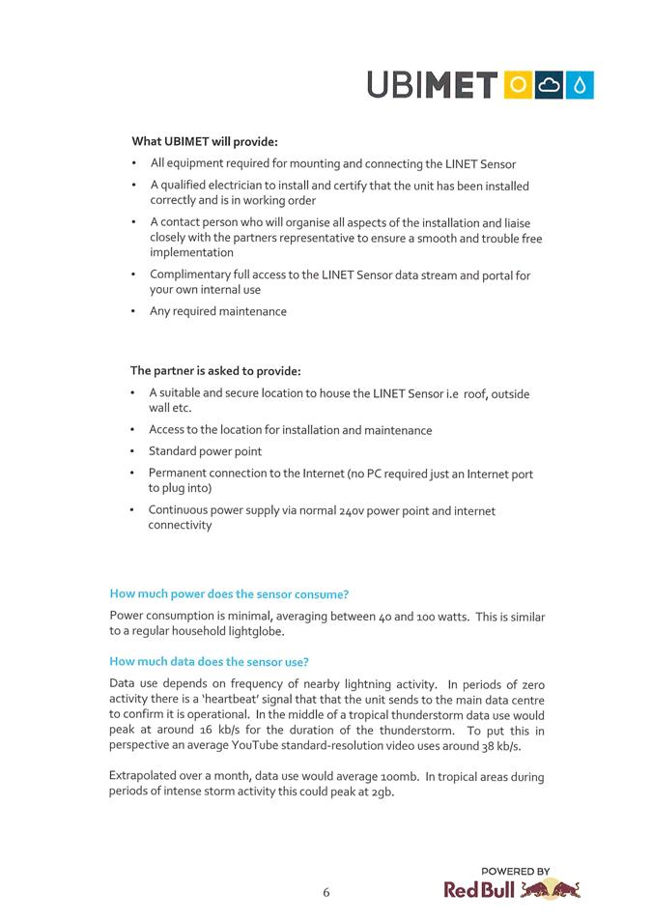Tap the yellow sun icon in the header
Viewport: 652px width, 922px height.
tap(518, 85)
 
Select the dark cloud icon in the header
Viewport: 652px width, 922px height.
tap(549, 85)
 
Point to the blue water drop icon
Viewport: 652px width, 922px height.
tap(580, 85)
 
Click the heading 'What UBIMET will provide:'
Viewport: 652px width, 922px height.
tap(205, 141)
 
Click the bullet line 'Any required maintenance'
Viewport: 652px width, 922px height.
tap(218, 311)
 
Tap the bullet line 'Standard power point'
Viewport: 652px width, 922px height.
tap(205, 451)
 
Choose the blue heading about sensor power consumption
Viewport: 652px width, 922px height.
tap(229, 593)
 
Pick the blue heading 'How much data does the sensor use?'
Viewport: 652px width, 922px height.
tap(210, 662)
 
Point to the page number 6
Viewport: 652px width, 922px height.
tap(326, 893)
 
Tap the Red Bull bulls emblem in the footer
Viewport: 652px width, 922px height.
tap(551, 890)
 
